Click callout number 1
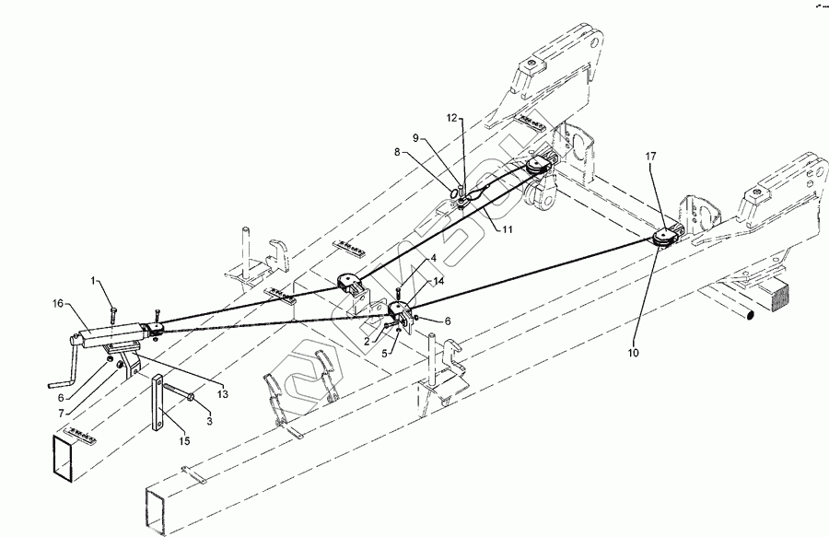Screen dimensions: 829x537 93,280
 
